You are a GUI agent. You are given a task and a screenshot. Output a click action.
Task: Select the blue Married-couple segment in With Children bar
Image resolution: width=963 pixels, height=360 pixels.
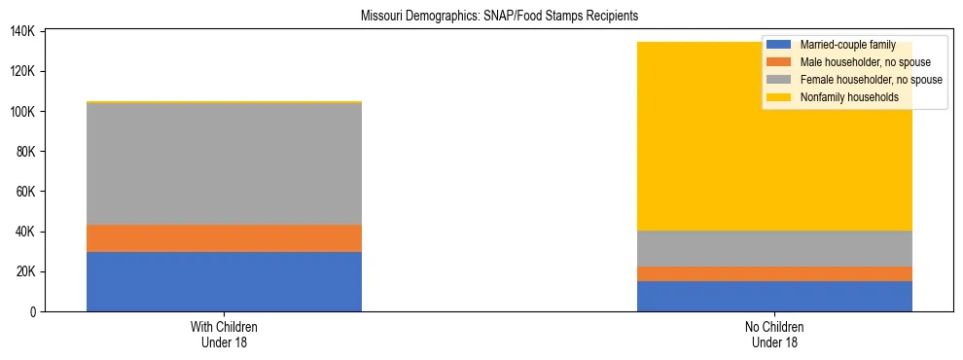point(224,281)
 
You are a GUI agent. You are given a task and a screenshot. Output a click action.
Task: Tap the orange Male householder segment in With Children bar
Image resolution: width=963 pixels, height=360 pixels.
point(224,238)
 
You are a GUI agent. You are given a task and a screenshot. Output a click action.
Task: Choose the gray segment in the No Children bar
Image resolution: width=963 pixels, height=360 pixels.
point(774,248)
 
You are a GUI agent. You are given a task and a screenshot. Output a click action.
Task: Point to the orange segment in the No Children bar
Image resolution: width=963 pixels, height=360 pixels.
point(774,273)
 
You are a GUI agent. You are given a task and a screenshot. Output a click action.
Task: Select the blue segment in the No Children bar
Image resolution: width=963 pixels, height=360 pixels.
point(774,296)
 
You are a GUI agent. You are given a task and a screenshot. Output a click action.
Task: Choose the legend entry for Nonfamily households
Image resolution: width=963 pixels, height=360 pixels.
point(857,97)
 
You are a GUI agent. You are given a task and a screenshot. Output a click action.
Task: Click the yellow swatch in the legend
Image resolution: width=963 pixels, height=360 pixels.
point(779,97)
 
